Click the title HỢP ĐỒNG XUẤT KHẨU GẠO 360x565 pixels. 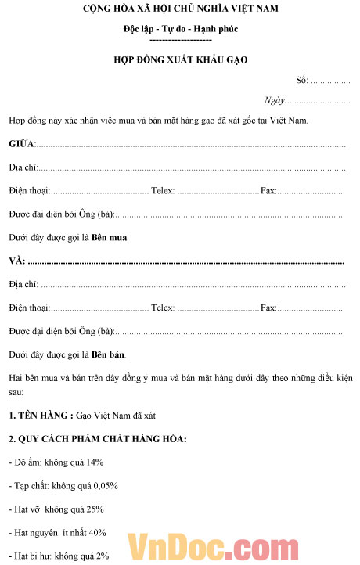(x=181, y=59)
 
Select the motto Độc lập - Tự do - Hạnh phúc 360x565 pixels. (x=181, y=29)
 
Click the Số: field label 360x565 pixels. (x=302, y=80)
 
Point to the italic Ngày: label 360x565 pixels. (x=275, y=100)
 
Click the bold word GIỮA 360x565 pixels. (x=23, y=145)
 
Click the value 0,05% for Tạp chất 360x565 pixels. (x=104, y=485)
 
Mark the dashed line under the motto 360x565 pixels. (x=181, y=38)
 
